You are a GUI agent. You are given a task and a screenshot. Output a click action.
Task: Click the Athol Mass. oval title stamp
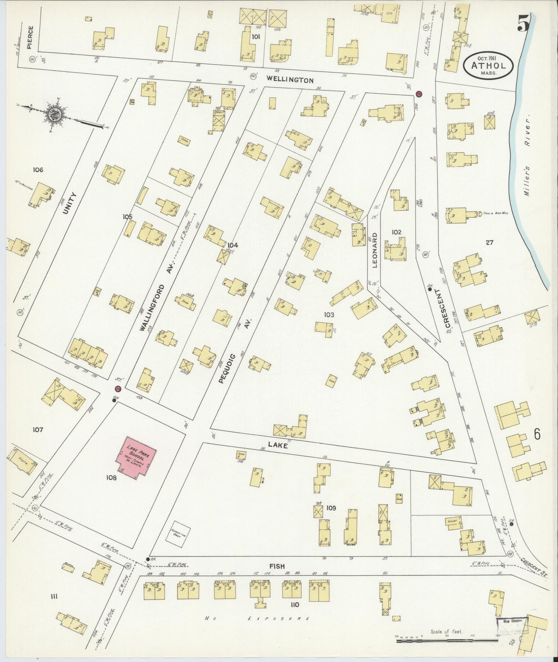coord(489,66)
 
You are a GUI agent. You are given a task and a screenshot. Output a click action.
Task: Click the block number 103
coord(329,315)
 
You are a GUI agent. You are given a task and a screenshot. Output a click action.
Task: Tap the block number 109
coord(331,508)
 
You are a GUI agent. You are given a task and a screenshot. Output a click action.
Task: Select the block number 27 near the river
coord(490,243)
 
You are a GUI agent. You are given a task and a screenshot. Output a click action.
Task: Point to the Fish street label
coord(277,566)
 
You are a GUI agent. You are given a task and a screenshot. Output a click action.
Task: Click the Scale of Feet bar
coord(447,640)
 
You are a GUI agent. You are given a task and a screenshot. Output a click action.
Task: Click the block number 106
coord(38,170)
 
